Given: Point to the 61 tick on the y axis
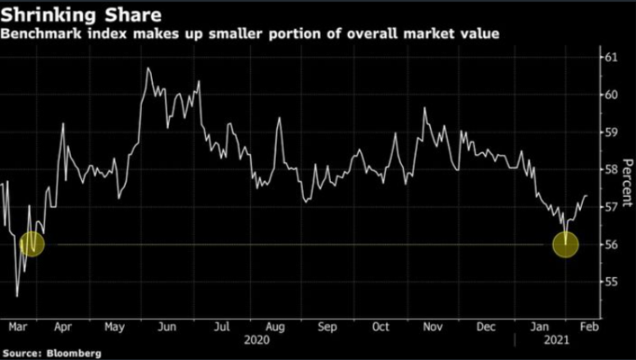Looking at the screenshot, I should pyautogui.click(x=611, y=57).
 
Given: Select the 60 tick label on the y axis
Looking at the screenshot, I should pyautogui.click(x=611, y=94).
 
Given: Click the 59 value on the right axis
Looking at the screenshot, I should pyautogui.click(x=611, y=132).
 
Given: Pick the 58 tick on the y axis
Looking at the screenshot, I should pyautogui.click(x=611, y=170).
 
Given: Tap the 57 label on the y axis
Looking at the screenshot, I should pyautogui.click(x=611, y=207).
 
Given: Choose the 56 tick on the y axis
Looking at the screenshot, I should pyautogui.click(x=611, y=244).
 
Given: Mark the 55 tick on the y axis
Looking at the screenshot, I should pyautogui.click(x=611, y=282).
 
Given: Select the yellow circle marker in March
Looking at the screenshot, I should pyautogui.click(x=31, y=244).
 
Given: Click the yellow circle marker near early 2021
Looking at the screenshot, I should pyautogui.click(x=566, y=244).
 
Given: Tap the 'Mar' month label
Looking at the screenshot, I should pyautogui.click(x=18, y=326).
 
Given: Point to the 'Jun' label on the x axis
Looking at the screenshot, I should pyautogui.click(x=167, y=326).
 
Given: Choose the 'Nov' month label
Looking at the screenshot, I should pyautogui.click(x=432, y=326).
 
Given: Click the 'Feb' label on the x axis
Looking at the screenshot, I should pyautogui.click(x=588, y=326).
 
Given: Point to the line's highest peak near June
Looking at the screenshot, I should pyautogui.click(x=148, y=68).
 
